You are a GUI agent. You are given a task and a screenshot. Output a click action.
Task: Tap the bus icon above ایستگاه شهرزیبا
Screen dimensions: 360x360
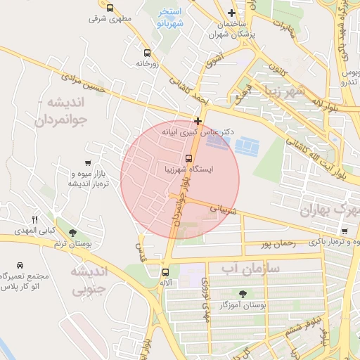pos(188,157)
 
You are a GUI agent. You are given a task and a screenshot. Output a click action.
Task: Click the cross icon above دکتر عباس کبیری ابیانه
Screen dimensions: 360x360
pos(198,121)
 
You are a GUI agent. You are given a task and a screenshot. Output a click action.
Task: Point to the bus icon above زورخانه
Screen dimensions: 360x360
pos(147,53)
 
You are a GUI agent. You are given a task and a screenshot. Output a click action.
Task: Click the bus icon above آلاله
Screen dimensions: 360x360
pos(166,272)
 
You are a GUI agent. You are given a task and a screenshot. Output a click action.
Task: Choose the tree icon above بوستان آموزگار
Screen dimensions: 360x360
pos(243,294)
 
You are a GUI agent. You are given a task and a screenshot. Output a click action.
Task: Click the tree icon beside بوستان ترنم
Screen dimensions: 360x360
pos(73,231)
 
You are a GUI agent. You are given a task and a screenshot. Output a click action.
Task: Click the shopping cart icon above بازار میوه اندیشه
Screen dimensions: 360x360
pos(87,162)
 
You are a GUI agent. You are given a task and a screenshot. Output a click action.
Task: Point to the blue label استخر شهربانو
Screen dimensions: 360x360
pos(170,18)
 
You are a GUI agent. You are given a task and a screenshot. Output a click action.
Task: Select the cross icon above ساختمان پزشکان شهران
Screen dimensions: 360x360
pos(231,13)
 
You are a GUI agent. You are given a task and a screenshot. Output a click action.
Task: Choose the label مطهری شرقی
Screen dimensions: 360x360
pos(106,18)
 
